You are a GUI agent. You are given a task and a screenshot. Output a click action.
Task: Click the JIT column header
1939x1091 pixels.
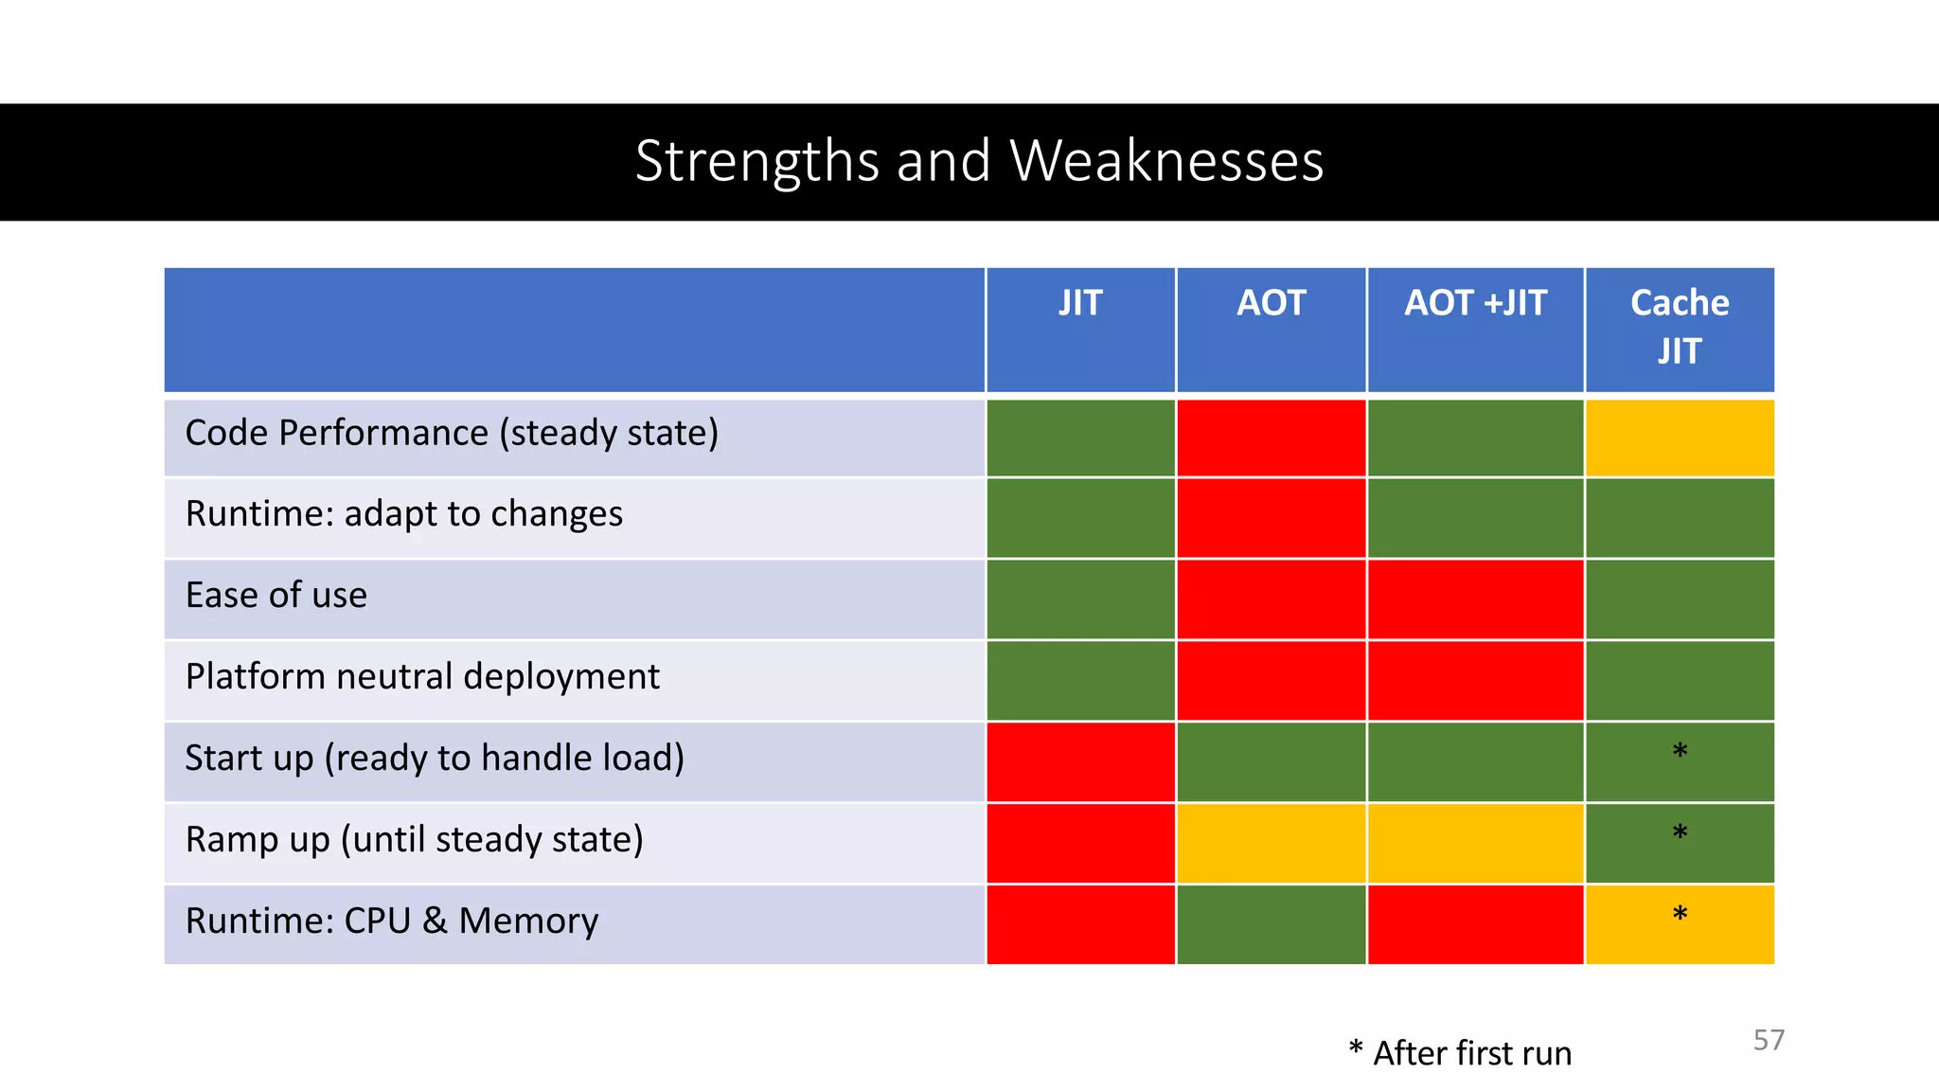click(x=1080, y=304)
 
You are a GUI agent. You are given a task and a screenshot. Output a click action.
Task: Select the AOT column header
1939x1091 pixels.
click(x=1271, y=304)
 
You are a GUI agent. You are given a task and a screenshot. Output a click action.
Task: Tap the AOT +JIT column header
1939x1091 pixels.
click(x=1475, y=304)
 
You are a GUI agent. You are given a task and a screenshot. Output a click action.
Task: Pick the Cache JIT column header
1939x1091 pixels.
click(x=1680, y=328)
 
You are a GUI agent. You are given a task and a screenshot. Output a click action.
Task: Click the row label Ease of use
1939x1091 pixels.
click(x=276, y=596)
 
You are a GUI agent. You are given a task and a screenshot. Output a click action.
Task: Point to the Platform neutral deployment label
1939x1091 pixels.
click(x=422, y=677)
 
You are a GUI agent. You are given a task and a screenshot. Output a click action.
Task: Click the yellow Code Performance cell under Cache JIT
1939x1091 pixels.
click(x=1680, y=438)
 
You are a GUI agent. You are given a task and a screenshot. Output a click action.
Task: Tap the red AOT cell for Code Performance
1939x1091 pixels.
click(x=1271, y=438)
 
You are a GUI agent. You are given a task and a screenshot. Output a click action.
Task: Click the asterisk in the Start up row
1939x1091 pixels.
click(x=1680, y=752)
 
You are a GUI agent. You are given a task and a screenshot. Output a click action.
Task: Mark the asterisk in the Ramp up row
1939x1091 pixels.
click(x=1680, y=833)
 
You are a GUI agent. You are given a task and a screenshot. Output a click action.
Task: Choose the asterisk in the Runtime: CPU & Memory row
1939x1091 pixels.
click(x=1680, y=915)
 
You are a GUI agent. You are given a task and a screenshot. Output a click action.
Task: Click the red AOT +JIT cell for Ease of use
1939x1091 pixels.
click(x=1475, y=599)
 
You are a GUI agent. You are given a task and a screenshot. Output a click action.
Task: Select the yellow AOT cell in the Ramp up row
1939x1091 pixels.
click(x=1271, y=844)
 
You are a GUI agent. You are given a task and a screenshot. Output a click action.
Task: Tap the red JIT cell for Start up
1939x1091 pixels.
click(x=1080, y=762)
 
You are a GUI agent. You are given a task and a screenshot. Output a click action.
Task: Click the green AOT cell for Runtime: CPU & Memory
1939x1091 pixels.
click(x=1271, y=925)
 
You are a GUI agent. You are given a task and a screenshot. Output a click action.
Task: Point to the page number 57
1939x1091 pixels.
click(x=1769, y=1040)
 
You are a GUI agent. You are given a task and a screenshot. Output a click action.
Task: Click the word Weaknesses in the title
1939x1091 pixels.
click(x=1166, y=161)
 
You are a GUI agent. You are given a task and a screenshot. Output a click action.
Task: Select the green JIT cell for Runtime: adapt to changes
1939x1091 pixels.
click(x=1080, y=518)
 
